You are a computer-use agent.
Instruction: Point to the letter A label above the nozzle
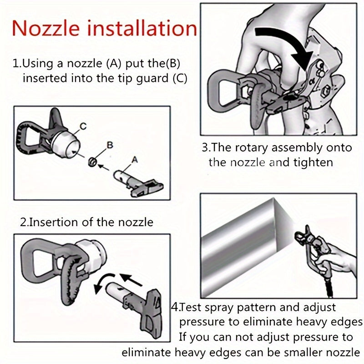click(x=134, y=159)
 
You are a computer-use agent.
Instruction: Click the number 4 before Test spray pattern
click(x=175, y=307)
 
